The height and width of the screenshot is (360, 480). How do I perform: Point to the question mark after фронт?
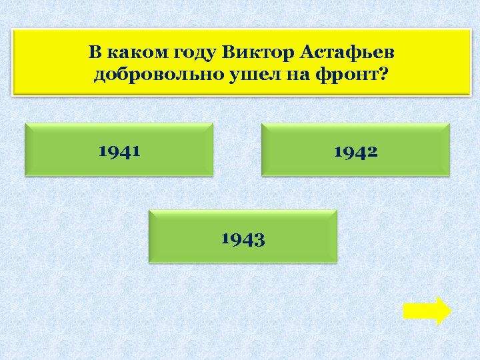[x=383, y=75]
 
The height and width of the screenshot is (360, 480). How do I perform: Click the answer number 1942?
[x=355, y=151]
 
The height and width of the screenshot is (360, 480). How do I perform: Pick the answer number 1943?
[x=243, y=238]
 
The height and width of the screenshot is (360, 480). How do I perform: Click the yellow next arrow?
[x=427, y=311]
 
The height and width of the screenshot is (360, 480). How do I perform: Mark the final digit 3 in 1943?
[x=260, y=239]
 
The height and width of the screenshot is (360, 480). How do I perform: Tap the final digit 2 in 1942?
[x=373, y=151]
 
